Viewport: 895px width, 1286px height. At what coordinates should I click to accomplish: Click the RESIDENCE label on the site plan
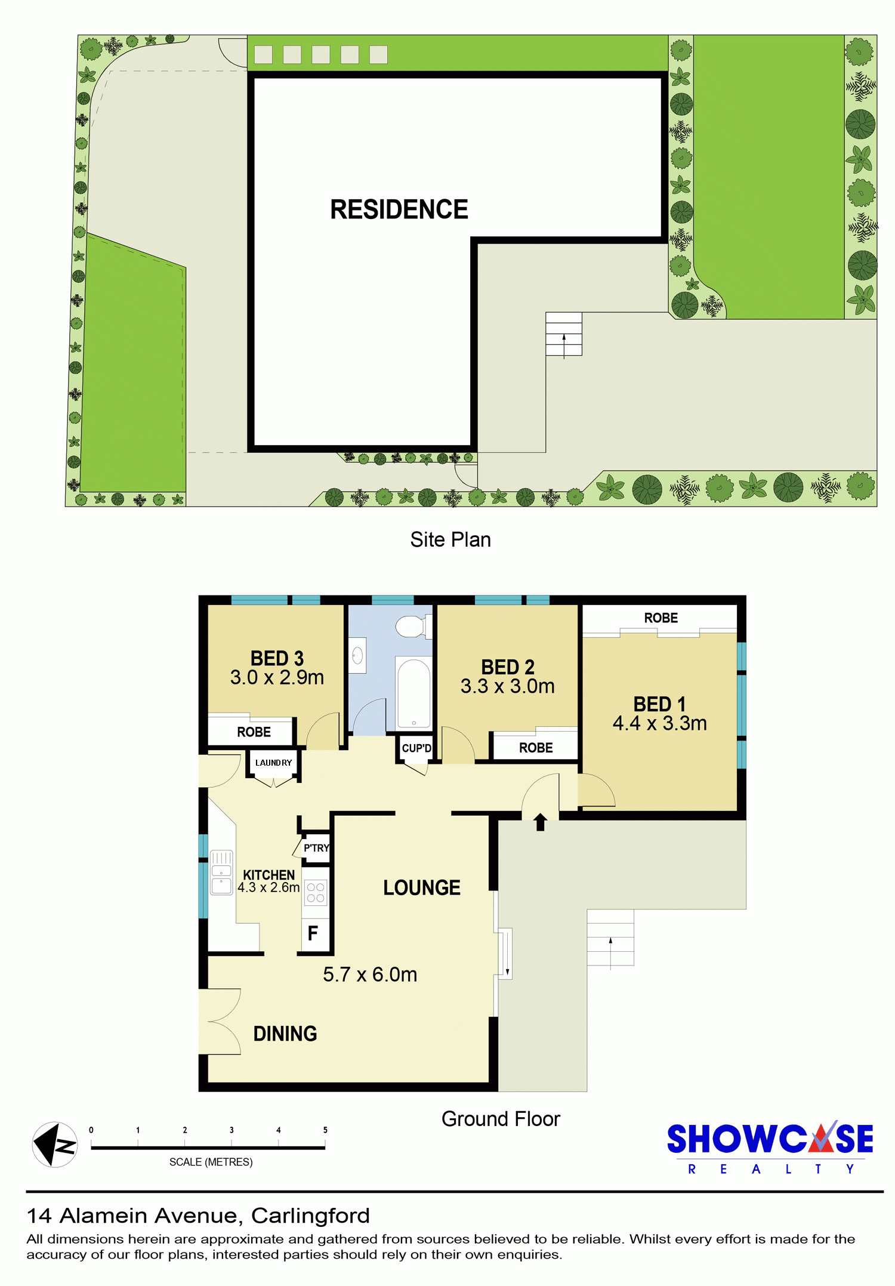[x=399, y=209]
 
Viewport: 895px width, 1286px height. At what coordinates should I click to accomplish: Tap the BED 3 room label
[x=277, y=658]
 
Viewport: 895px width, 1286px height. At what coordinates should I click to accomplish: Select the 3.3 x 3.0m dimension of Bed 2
[x=508, y=686]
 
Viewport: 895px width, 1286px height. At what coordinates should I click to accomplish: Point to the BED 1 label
[x=659, y=704]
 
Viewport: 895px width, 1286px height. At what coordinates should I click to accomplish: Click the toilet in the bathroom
[x=411, y=626]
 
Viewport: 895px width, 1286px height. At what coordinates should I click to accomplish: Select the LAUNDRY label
[x=273, y=763]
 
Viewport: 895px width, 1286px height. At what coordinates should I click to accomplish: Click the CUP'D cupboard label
[x=416, y=748]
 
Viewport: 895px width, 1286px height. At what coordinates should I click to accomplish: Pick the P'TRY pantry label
[x=316, y=848]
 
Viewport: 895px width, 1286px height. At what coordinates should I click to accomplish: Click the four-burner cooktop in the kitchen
[x=316, y=893]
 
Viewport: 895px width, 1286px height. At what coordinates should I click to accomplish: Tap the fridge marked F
[x=313, y=933]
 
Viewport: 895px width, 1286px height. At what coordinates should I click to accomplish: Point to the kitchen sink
[x=221, y=872]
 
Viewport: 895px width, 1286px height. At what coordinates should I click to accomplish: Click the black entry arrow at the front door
[x=541, y=822]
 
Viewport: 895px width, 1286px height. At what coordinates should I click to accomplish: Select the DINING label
[x=285, y=1034]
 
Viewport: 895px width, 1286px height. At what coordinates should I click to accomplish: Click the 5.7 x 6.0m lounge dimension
[x=370, y=974]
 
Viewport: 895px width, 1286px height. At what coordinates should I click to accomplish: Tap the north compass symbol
[x=55, y=1145]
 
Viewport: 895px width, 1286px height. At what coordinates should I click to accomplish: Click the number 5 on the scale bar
[x=325, y=1130]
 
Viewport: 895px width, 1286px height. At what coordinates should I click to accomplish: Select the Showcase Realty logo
[x=770, y=1148]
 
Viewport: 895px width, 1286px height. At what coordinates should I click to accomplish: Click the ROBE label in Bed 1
[x=661, y=618]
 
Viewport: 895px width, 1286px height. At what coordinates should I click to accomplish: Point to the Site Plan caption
[x=450, y=539]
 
